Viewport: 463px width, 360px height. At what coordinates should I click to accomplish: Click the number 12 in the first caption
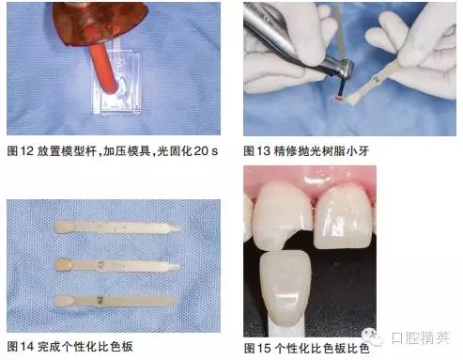26,151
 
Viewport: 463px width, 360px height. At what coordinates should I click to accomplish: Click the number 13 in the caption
263,151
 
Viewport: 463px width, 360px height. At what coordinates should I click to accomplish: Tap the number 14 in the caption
26,347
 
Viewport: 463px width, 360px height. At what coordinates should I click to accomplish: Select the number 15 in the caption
264,348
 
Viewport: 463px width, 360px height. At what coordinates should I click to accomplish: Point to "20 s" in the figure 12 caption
206,151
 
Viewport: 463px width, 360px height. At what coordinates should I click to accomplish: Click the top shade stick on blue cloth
117,227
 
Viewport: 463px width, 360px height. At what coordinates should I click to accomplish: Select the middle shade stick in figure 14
117,266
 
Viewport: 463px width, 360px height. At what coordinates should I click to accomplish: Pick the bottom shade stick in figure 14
116,300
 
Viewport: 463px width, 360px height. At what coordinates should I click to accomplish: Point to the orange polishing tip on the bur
338,99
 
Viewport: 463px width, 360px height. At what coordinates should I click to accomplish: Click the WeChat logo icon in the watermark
372,337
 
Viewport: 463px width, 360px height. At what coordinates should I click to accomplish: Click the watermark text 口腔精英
421,337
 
